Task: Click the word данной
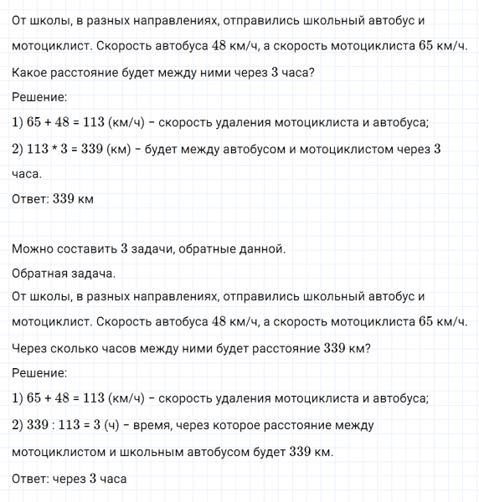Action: [x=264, y=248]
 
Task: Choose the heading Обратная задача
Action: [x=64, y=273]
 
